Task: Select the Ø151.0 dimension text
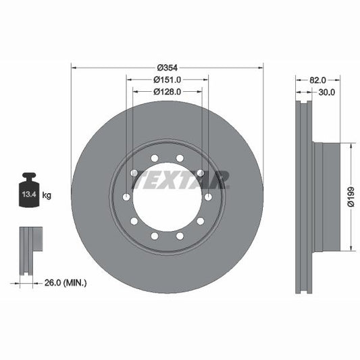coord(167,80)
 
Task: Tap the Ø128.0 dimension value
coord(167,91)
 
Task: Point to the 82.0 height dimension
coord(310,80)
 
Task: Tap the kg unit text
coord(47,195)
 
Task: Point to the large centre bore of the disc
coord(167,197)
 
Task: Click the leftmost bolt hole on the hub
coord(126,197)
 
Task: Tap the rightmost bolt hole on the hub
coord(208,197)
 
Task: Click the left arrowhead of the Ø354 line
coord(74,68)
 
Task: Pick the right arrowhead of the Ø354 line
coord(260,68)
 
